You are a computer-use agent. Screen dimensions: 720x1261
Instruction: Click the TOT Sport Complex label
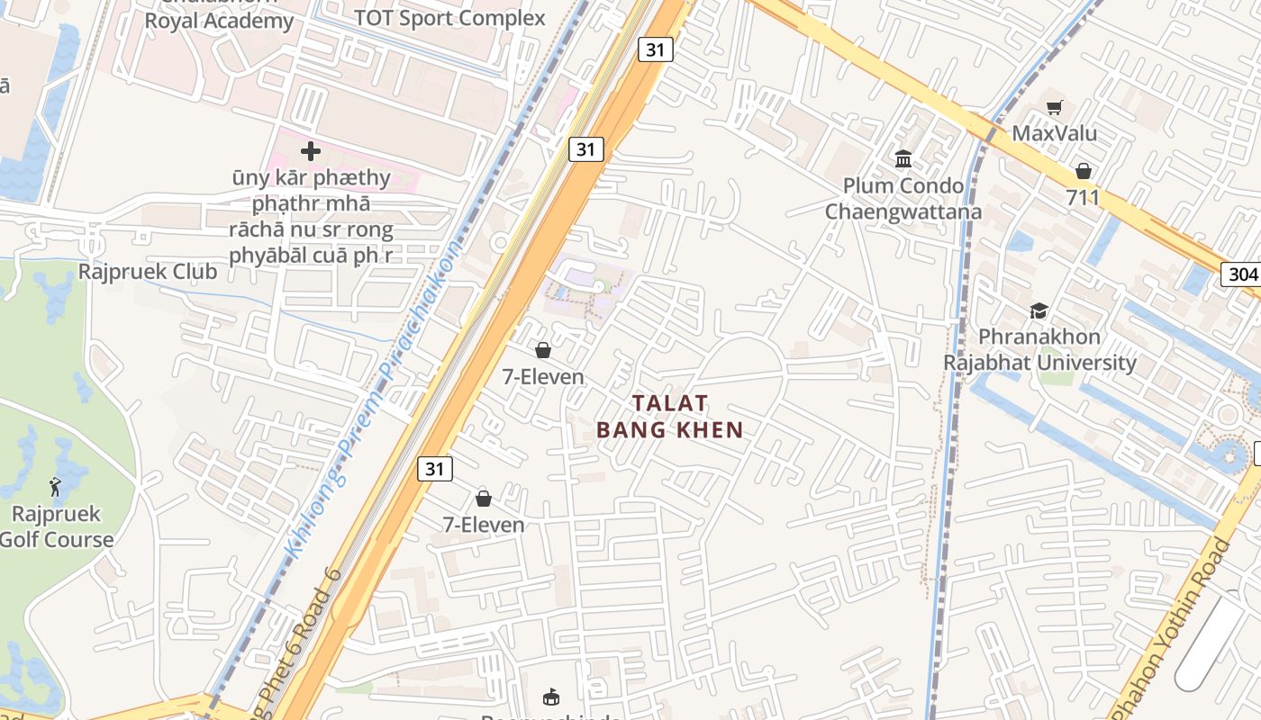(449, 18)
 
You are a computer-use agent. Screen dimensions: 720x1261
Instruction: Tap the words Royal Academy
(219, 22)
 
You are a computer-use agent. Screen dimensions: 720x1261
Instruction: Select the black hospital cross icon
(311, 151)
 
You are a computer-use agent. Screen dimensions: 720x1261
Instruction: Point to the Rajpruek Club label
(148, 272)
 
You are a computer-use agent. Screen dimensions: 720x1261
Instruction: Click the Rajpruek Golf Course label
(56, 527)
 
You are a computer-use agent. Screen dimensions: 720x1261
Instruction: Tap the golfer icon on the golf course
(56, 487)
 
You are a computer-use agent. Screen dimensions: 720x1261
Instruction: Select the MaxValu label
(1055, 134)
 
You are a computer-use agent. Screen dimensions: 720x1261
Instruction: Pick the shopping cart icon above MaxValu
(1055, 108)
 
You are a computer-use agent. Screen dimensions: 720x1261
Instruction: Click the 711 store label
(1083, 197)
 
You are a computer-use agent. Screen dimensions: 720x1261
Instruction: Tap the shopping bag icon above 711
(1083, 171)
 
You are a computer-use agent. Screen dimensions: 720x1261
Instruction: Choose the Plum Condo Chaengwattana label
(903, 199)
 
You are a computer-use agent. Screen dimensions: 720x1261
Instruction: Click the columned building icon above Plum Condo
(903, 160)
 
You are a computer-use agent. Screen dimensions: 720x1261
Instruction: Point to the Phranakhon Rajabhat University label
(1039, 350)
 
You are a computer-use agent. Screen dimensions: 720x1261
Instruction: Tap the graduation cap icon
(1039, 310)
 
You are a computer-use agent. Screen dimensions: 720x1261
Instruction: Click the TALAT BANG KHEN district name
(670, 417)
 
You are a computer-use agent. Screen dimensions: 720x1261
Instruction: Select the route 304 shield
(1240, 274)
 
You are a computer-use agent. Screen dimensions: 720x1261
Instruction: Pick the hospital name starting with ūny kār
(311, 216)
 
